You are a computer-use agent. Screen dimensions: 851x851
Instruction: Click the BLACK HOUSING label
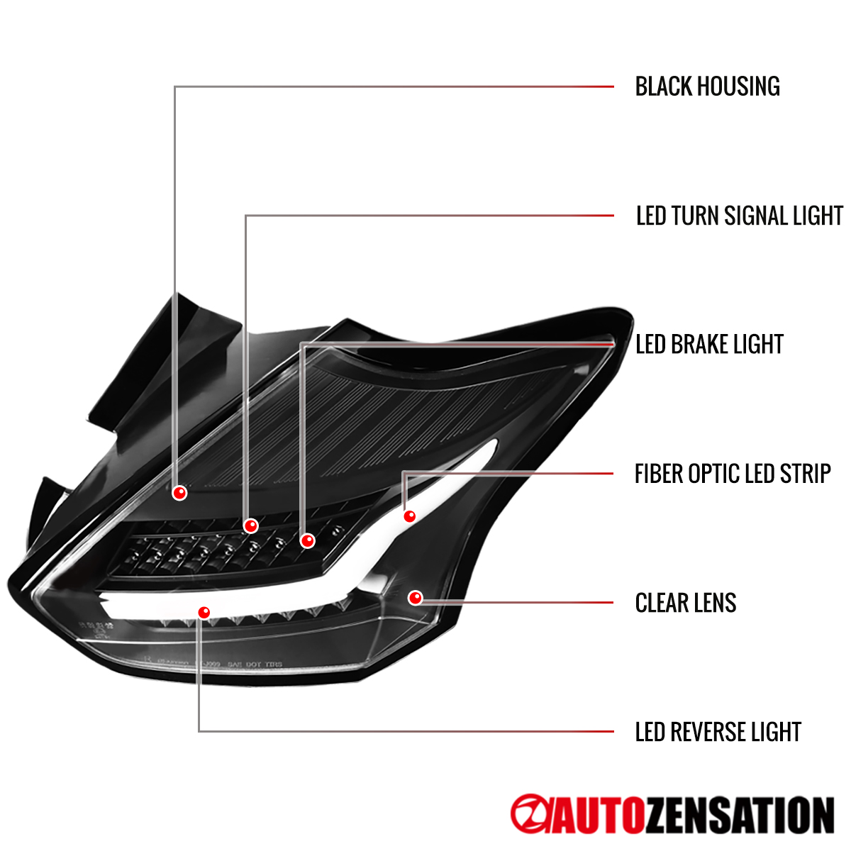click(707, 87)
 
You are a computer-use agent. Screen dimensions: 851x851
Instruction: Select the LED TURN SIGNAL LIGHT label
click(739, 216)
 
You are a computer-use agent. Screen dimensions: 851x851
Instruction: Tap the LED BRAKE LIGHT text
click(709, 345)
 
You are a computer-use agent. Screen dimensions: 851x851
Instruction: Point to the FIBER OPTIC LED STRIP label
click(733, 474)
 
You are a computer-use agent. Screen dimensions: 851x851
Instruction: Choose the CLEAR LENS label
click(686, 603)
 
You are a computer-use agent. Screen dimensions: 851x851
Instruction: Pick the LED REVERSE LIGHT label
click(718, 732)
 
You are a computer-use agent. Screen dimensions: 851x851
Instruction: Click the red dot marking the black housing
click(179, 492)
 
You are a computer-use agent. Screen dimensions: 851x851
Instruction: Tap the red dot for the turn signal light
click(250, 525)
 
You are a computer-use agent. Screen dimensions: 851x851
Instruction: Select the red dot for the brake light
click(307, 540)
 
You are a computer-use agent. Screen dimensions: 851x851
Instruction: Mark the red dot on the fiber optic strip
click(409, 516)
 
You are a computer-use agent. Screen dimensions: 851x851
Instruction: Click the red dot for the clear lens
click(416, 598)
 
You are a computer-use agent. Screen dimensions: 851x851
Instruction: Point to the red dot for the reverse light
click(204, 612)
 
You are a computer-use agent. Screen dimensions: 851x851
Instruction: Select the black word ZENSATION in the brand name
click(740, 816)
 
